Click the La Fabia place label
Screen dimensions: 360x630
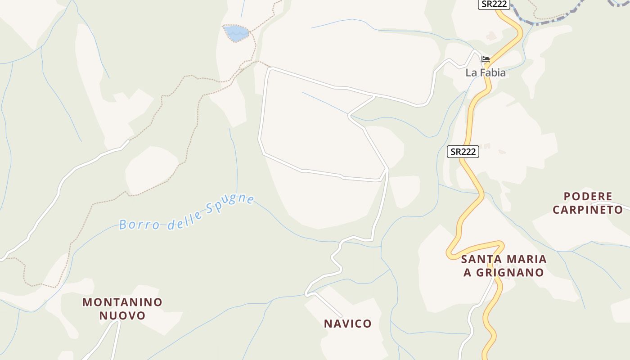point(486,72)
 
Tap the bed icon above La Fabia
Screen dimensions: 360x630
point(485,59)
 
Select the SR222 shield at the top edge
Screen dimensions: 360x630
point(494,4)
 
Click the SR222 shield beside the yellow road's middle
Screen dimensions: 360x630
point(463,152)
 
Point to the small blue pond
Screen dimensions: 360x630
point(236,33)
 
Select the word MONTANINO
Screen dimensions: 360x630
point(122,302)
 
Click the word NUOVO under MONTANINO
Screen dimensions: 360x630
point(122,315)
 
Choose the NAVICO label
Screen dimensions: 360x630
point(348,324)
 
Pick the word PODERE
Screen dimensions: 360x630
point(588,197)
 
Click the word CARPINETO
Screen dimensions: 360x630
point(588,210)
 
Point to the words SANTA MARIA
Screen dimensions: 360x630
point(504,259)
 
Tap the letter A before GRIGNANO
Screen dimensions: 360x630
point(467,273)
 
